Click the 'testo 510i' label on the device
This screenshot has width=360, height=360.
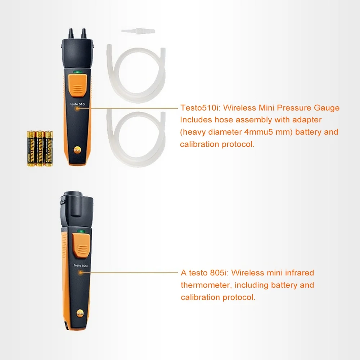pos(77,104)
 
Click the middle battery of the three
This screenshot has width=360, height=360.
pos(40,148)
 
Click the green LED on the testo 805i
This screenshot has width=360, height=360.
pos(81,232)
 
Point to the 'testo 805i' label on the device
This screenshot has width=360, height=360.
pos(81,265)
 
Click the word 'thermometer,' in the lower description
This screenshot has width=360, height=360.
pos(206,285)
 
